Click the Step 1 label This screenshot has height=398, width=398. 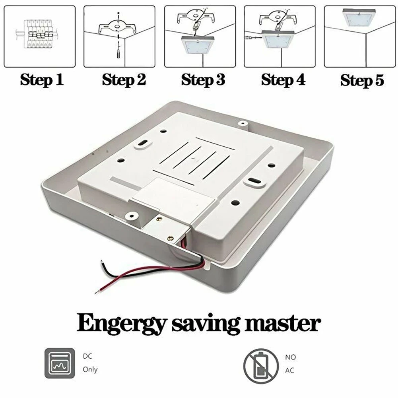(42, 80)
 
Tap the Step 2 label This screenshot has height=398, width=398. (124, 80)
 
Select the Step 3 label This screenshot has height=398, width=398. (203, 80)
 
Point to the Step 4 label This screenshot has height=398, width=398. (283, 80)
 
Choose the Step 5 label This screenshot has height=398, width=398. (362, 80)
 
